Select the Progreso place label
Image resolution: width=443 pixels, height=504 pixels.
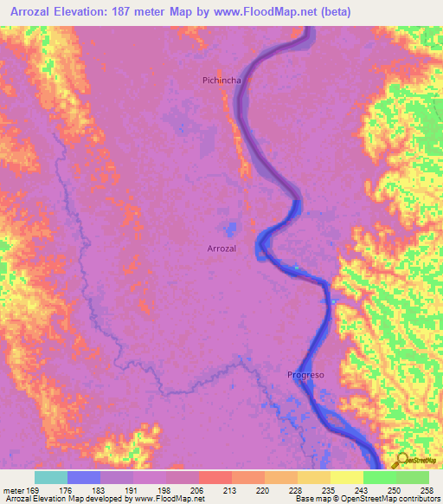pos(305,375)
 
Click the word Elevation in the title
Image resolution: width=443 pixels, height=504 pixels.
pos(98,11)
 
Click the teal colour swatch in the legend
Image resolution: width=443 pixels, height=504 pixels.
pos(51,477)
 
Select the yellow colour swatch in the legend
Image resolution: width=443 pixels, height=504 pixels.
pos(347,477)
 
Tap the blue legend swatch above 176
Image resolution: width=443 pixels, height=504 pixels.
pos(84,477)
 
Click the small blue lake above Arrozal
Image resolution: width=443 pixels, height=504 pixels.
pos(231,229)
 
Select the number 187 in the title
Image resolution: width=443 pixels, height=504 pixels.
pos(157,11)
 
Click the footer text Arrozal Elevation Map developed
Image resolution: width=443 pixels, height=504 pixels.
pos(69,499)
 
